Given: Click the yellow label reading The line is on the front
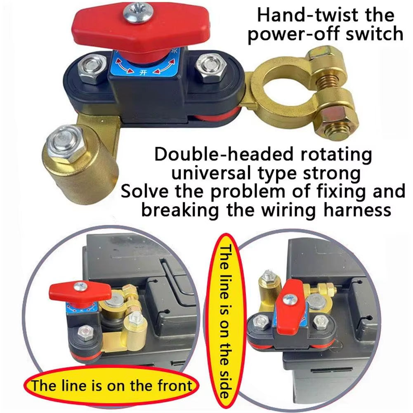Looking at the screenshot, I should click(112, 385).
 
